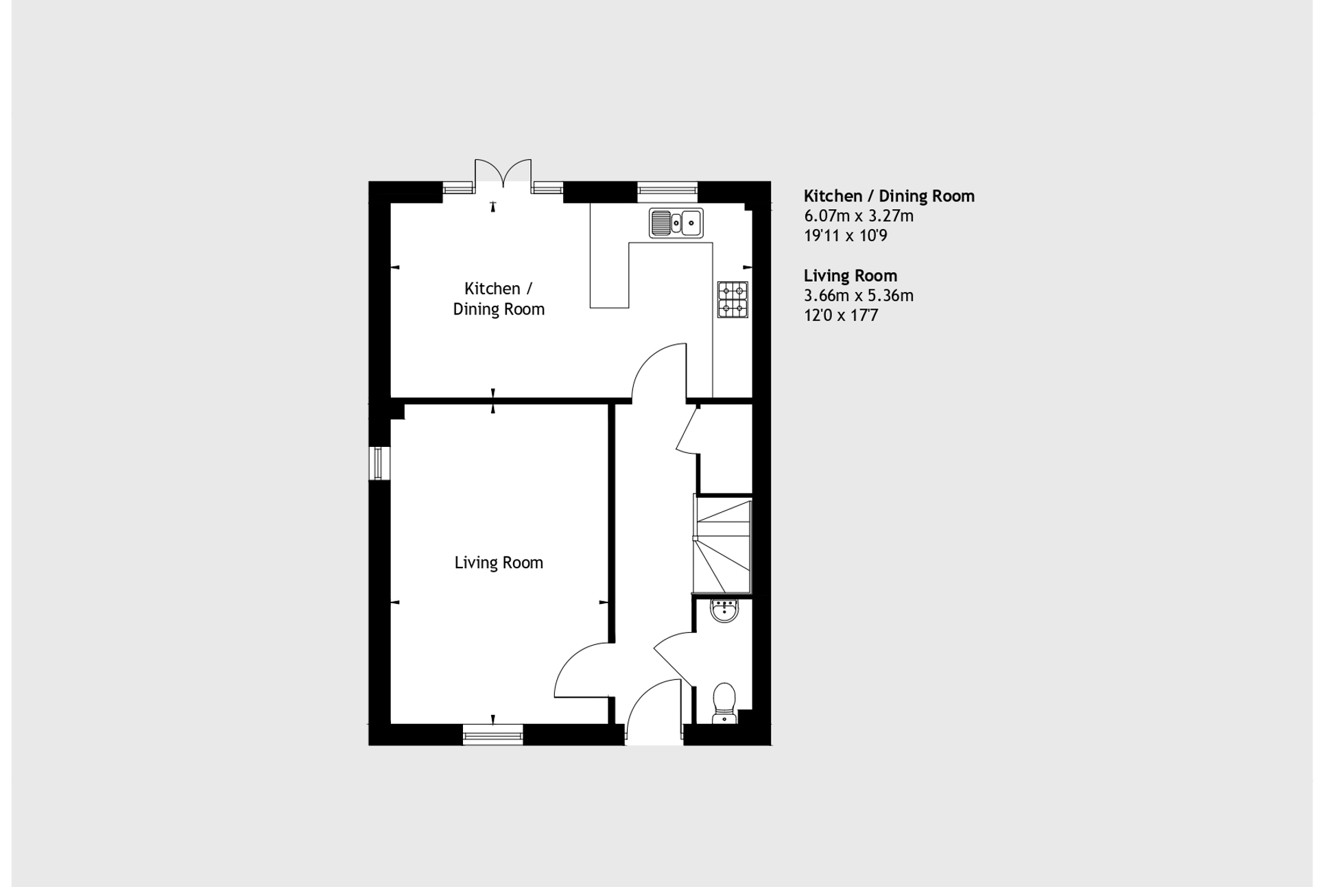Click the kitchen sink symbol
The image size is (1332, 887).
(x=676, y=223)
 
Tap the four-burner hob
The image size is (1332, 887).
(x=733, y=300)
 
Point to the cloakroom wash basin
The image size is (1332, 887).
(x=724, y=610)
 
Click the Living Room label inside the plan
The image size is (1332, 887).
(x=499, y=563)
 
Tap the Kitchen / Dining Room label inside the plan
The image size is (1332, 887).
(x=499, y=299)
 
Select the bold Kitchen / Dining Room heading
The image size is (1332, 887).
(x=889, y=196)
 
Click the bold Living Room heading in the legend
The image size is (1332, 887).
(x=851, y=276)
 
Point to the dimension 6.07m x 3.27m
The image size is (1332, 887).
(x=859, y=216)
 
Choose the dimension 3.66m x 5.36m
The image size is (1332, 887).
(x=859, y=295)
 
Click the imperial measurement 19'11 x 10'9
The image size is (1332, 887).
(x=846, y=236)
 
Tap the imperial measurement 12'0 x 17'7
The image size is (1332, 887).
(x=841, y=315)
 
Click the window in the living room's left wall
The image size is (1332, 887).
(x=379, y=463)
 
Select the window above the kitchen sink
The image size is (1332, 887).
(x=667, y=191)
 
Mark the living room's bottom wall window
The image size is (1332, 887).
(x=492, y=736)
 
